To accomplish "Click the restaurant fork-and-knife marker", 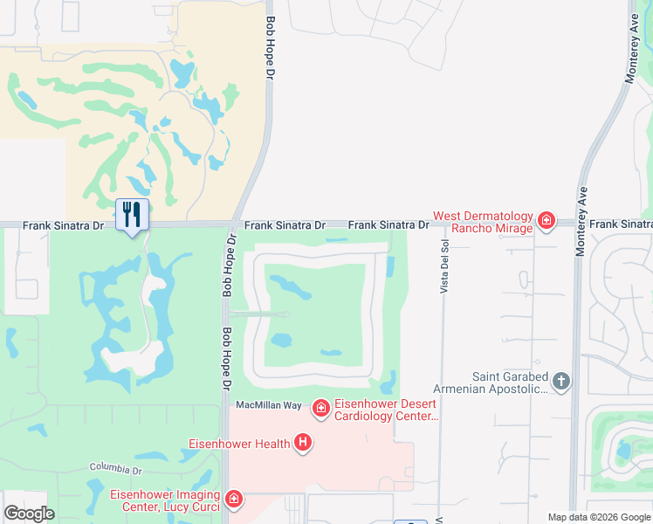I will (x=132, y=214).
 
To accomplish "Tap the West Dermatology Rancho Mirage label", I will (x=482, y=223).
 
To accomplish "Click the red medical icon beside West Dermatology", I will (x=546, y=220).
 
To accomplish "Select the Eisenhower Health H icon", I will (x=303, y=444).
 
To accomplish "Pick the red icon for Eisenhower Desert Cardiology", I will (x=320, y=408).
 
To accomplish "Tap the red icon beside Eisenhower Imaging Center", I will (x=233, y=500).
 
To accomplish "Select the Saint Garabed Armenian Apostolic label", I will (x=510, y=383).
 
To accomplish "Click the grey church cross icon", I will (x=560, y=381).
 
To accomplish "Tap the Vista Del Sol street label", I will (x=443, y=259).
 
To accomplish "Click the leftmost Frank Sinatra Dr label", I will (x=63, y=225).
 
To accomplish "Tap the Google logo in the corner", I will (x=30, y=513).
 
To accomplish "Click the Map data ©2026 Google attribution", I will (x=598, y=517).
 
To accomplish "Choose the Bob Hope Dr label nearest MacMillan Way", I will (x=225, y=358).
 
